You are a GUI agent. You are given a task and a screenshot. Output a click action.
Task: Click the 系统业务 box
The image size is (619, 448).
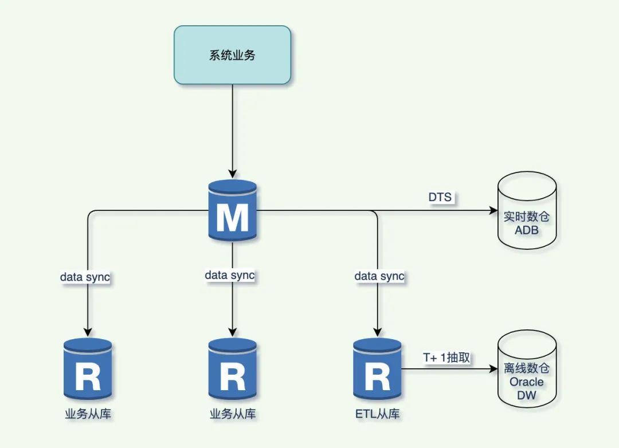tap(232, 56)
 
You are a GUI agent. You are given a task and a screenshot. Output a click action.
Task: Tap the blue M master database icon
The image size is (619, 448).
tap(232, 210)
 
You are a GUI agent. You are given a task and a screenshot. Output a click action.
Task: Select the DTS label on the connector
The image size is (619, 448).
tap(440, 197)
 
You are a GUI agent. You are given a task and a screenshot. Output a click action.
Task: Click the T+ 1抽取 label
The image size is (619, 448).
tap(446, 357)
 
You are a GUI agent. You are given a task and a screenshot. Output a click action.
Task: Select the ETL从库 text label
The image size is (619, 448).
tap(377, 414)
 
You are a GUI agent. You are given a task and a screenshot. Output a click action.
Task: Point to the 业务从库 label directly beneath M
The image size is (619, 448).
tap(232, 414)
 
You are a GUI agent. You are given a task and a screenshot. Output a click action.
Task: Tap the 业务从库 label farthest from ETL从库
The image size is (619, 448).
tap(88, 414)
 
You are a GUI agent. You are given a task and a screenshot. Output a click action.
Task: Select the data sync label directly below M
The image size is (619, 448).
tap(230, 275)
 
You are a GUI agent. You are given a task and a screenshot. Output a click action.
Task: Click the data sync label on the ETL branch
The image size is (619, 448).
tap(379, 276)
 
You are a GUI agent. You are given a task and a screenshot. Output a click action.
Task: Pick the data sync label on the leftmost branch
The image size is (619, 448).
tap(85, 277)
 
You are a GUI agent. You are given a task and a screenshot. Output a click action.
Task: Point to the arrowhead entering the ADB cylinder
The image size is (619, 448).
tap(492, 210)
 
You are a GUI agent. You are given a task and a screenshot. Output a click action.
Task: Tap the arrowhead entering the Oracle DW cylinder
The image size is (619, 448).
tap(492, 370)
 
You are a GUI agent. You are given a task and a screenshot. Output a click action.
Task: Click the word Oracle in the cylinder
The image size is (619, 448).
tap(527, 382)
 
